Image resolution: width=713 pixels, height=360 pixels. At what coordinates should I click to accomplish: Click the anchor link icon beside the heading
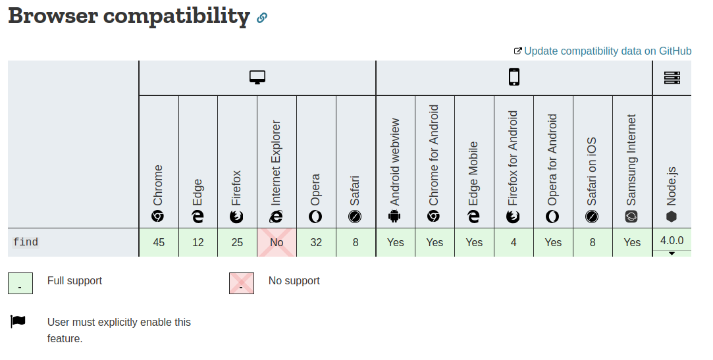click(x=262, y=18)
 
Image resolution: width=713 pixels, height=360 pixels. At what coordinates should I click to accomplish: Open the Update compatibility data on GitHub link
click(x=607, y=51)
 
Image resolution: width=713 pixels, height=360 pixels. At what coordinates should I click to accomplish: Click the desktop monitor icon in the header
click(x=257, y=78)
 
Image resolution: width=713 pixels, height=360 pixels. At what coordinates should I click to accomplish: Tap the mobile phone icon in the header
click(x=514, y=78)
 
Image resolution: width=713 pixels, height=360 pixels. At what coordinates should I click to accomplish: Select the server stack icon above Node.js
click(x=672, y=78)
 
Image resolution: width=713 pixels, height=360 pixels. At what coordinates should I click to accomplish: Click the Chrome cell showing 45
click(x=159, y=242)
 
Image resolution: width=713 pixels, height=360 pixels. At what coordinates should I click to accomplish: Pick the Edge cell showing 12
click(x=198, y=242)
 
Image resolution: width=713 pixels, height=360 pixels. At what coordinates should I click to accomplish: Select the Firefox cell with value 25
click(x=237, y=242)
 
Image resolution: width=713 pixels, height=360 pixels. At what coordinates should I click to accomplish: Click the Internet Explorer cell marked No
click(x=277, y=242)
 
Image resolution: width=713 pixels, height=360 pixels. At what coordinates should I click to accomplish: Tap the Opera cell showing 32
click(x=316, y=242)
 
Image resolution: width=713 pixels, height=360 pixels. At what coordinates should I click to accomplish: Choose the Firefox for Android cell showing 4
click(x=514, y=242)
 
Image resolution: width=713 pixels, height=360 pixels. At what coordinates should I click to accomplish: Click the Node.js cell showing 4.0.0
click(x=672, y=241)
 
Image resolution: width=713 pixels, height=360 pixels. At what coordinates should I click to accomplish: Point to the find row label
click(x=26, y=242)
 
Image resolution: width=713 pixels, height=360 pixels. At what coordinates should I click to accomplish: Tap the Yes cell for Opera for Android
click(x=553, y=242)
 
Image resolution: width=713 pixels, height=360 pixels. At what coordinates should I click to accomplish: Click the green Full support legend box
click(x=20, y=284)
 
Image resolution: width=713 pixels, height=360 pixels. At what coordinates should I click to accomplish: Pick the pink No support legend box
click(x=242, y=284)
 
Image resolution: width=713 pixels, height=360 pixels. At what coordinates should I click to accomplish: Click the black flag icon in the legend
click(x=18, y=321)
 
